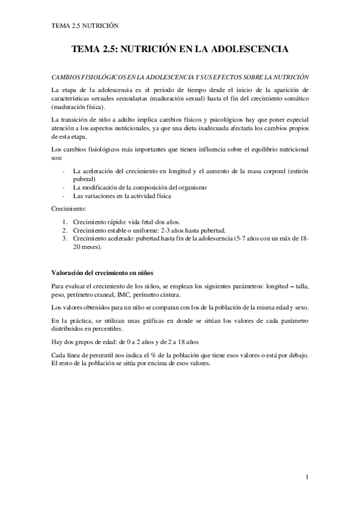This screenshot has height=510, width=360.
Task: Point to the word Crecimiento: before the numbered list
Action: (x=70, y=208)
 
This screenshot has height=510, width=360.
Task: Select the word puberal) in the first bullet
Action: (x=84, y=179)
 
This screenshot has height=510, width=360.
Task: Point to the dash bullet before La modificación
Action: (x=64, y=187)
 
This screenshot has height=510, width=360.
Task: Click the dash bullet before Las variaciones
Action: (x=64, y=195)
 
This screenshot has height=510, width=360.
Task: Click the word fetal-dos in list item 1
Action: (x=146, y=221)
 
